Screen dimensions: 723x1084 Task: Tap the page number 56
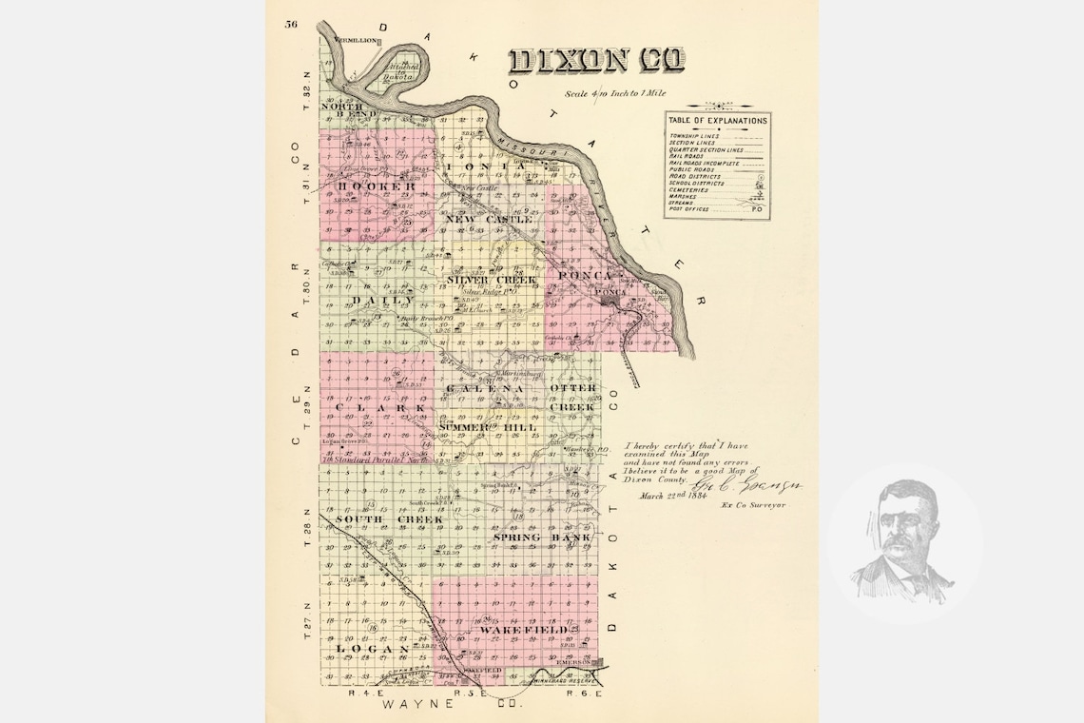290,24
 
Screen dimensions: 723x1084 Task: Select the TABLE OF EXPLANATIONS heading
717,121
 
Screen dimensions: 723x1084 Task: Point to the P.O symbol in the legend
758,207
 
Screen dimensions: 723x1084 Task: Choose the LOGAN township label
371,649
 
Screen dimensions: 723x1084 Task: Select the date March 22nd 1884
677,496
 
